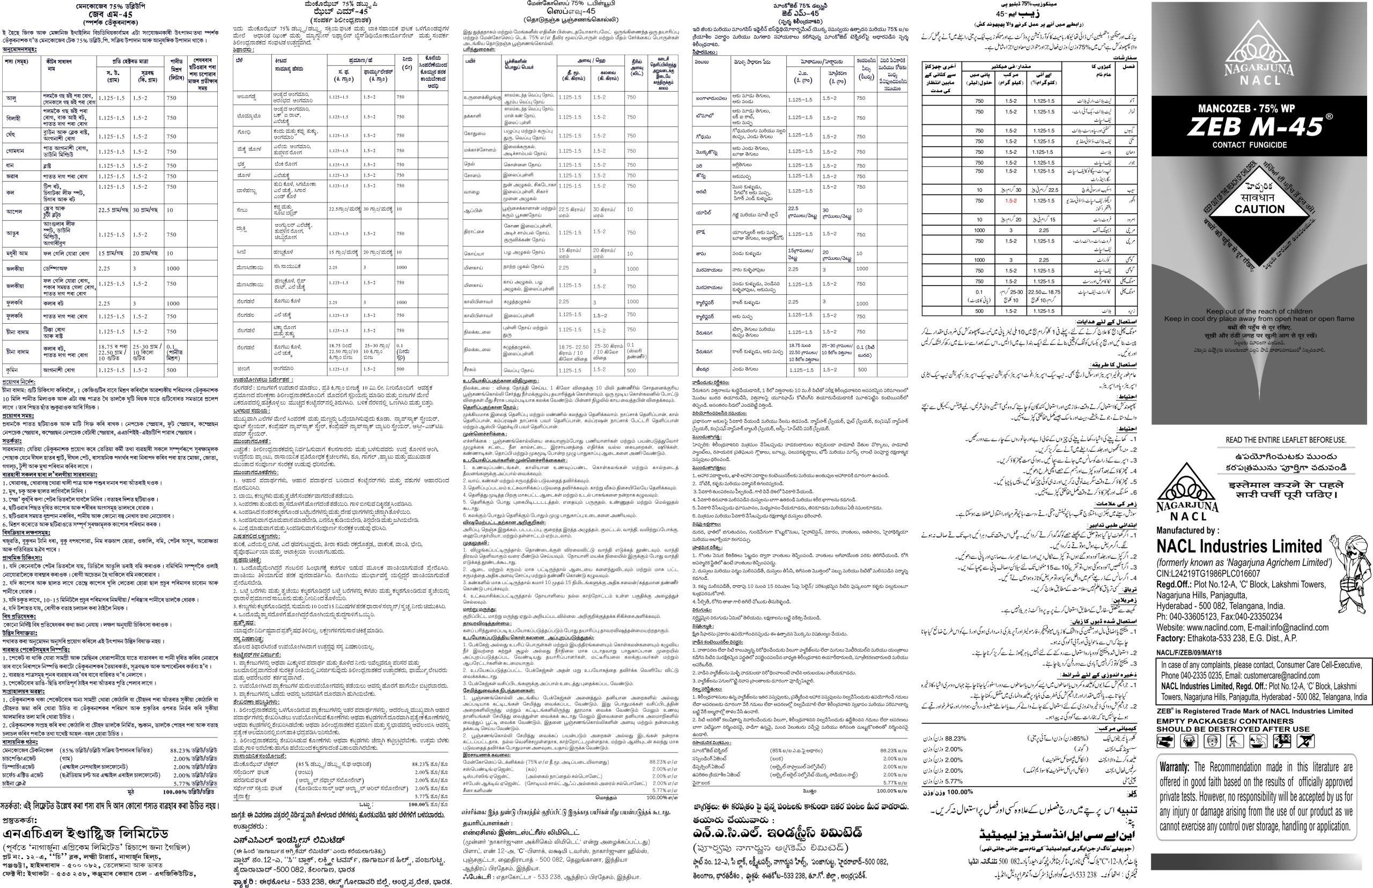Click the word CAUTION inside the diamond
(x=1259, y=210)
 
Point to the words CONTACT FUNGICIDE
(x=1249, y=145)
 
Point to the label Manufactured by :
(x=1187, y=530)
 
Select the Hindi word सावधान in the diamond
(x=1259, y=197)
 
